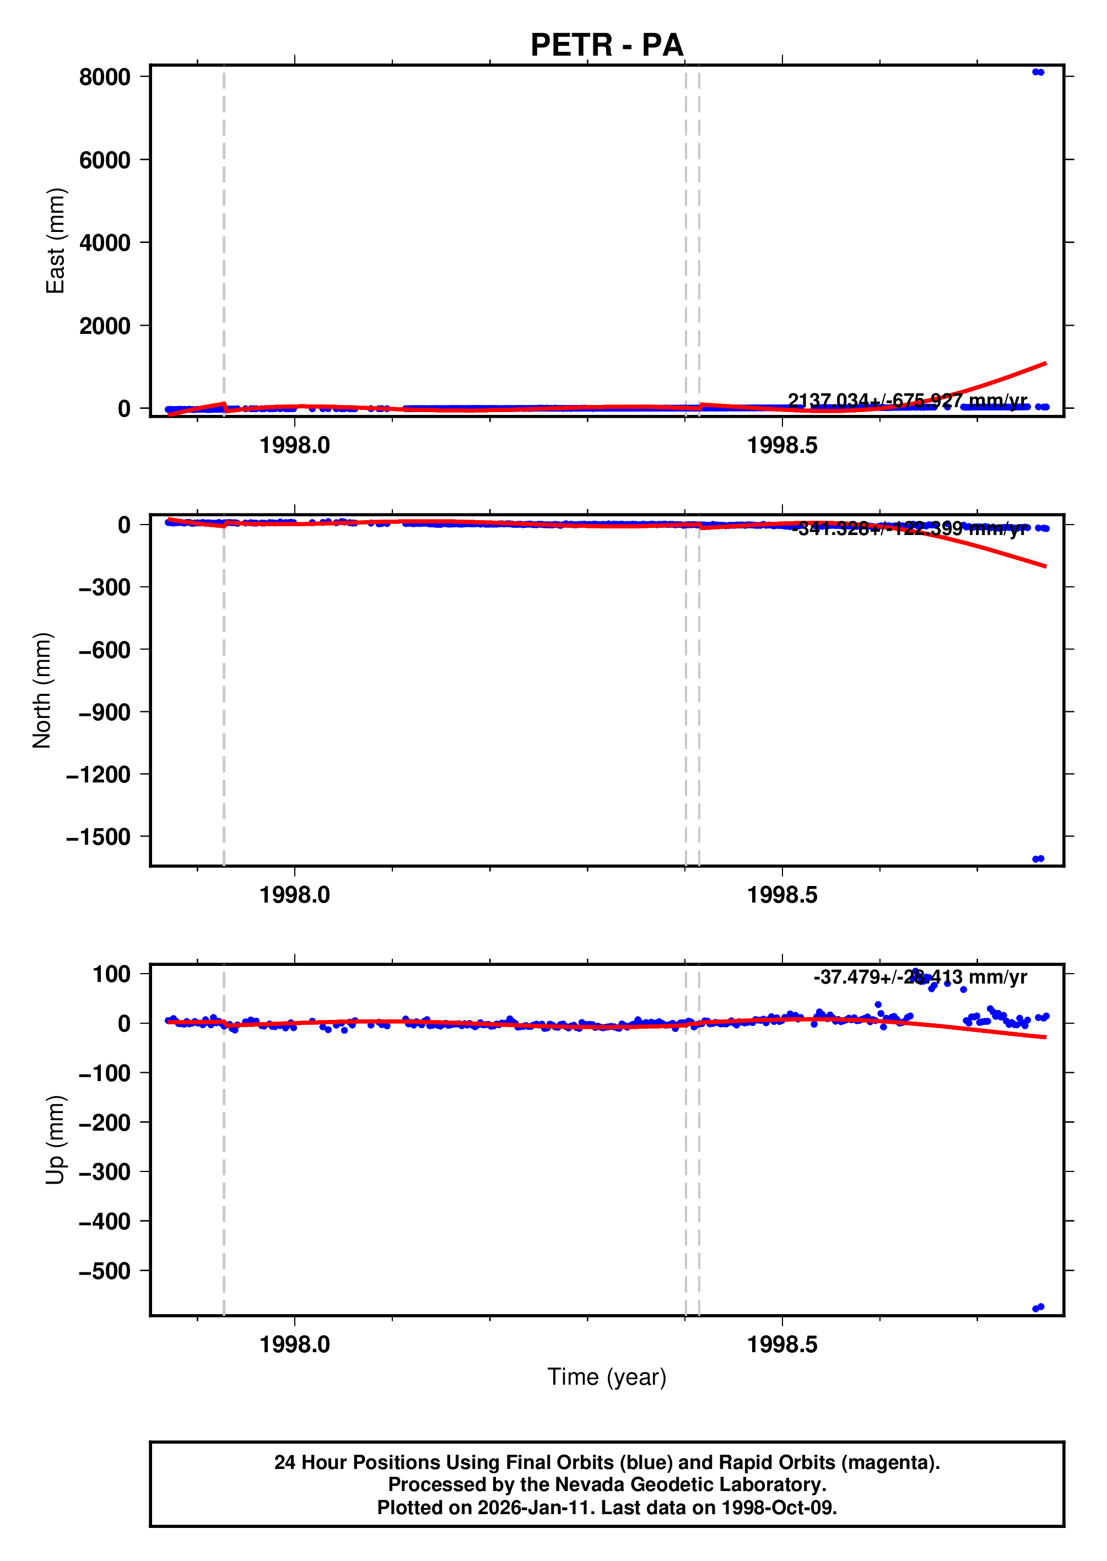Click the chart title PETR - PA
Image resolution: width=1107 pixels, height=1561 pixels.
pyautogui.click(x=606, y=45)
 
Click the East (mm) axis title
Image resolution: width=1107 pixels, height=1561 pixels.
pyautogui.click(x=55, y=241)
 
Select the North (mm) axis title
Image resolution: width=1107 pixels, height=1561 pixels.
pyautogui.click(x=41, y=690)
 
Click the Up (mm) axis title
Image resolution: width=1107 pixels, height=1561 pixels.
pyautogui.click(x=55, y=1139)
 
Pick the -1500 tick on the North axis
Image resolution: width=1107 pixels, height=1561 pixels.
pyautogui.click(x=98, y=837)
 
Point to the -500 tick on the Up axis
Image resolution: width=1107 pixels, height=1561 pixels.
pyautogui.click(x=104, y=1271)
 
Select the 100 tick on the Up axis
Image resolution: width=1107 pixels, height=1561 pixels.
pyautogui.click(x=111, y=974)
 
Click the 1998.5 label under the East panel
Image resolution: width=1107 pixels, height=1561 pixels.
pyautogui.click(x=782, y=446)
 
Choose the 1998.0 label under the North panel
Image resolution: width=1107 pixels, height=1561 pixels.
pyautogui.click(x=294, y=895)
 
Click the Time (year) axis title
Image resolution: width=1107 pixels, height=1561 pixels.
pyautogui.click(x=606, y=1377)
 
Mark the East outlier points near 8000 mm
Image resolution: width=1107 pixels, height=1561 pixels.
pyautogui.click(x=1038, y=72)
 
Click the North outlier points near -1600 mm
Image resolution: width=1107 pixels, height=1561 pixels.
pyautogui.click(x=1038, y=859)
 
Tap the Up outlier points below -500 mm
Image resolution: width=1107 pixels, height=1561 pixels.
pyautogui.click(x=1038, y=1308)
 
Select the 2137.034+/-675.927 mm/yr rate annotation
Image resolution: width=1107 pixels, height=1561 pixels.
pyautogui.click(x=906, y=400)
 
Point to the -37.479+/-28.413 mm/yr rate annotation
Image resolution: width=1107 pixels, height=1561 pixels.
pyautogui.click(x=920, y=977)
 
